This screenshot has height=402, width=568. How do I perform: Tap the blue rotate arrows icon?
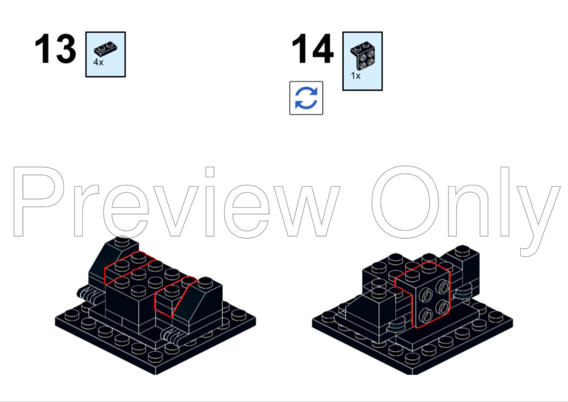click(x=306, y=98)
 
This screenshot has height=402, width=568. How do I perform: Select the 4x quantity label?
click(x=98, y=62)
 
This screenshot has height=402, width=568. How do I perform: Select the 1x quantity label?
click(x=356, y=76)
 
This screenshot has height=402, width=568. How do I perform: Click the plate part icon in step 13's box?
click(x=105, y=49)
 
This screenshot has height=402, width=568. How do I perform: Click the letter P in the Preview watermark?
click(x=39, y=202)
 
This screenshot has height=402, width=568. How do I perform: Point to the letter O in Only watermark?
click(x=405, y=202)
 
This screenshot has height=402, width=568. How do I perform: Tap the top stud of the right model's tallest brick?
click(x=462, y=250)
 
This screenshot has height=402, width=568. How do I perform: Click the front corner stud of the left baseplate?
click(x=155, y=357)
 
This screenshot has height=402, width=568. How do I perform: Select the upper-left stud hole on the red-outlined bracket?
click(x=426, y=296)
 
